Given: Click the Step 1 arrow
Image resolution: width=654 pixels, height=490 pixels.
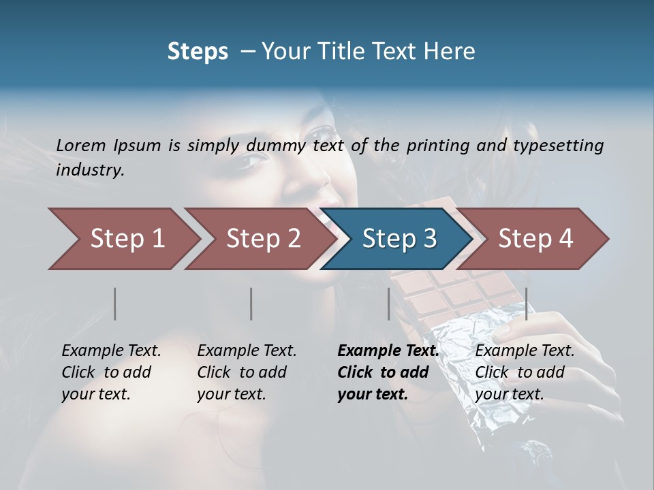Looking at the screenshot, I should [127, 239].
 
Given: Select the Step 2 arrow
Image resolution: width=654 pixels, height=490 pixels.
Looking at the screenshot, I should [263, 239].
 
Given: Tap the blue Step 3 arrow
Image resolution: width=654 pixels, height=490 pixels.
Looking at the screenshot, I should [399, 239].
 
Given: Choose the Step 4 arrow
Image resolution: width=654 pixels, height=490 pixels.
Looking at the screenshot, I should [535, 239].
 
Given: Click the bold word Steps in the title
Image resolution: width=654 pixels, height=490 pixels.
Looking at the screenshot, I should [198, 52].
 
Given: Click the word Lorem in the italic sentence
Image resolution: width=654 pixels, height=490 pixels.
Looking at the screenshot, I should [81, 145].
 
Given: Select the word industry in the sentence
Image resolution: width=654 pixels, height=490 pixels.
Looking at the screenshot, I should [89, 170].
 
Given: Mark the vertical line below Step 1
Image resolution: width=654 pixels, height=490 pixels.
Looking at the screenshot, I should [115, 304].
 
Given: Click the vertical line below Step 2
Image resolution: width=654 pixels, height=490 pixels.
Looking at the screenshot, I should [251, 304].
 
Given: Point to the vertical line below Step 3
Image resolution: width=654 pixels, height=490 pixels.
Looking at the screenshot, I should [388, 304].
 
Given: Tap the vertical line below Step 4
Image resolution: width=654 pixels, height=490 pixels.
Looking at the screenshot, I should [527, 304].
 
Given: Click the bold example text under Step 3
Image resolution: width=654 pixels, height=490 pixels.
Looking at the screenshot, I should [388, 372].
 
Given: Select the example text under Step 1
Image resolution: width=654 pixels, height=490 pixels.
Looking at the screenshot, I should [111, 372].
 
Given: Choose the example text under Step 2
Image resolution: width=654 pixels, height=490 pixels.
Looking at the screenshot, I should [247, 372].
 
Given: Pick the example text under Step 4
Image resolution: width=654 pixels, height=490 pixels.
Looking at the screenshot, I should [525, 372].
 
